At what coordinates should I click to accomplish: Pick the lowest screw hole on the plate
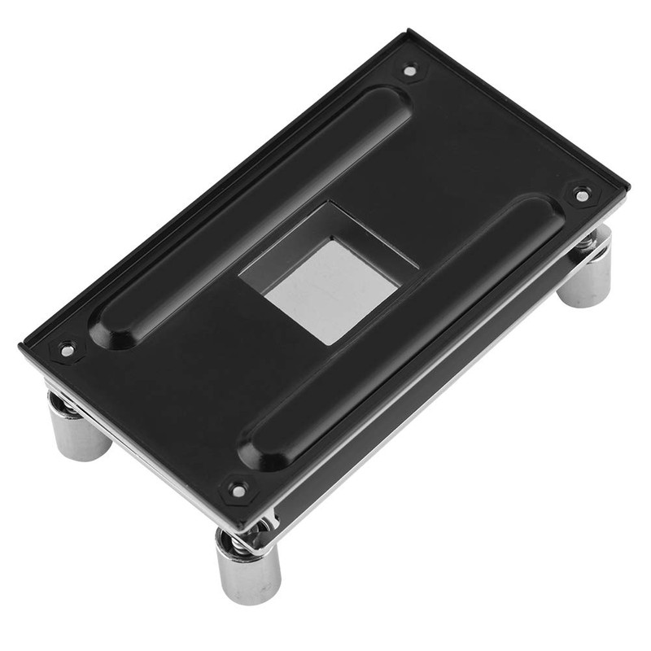point(237,490)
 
